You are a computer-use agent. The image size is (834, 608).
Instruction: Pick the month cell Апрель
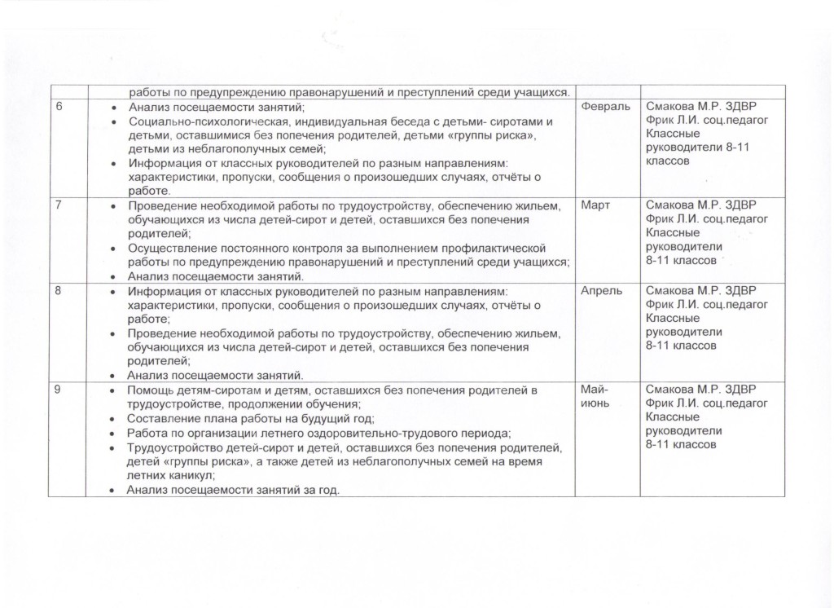pyautogui.click(x=603, y=291)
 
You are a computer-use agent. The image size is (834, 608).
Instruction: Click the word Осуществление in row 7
pyautogui.click(x=168, y=247)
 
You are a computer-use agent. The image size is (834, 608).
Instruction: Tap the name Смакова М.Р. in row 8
pyautogui.click(x=683, y=291)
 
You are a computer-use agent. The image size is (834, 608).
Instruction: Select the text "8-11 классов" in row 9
pyautogui.click(x=681, y=445)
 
